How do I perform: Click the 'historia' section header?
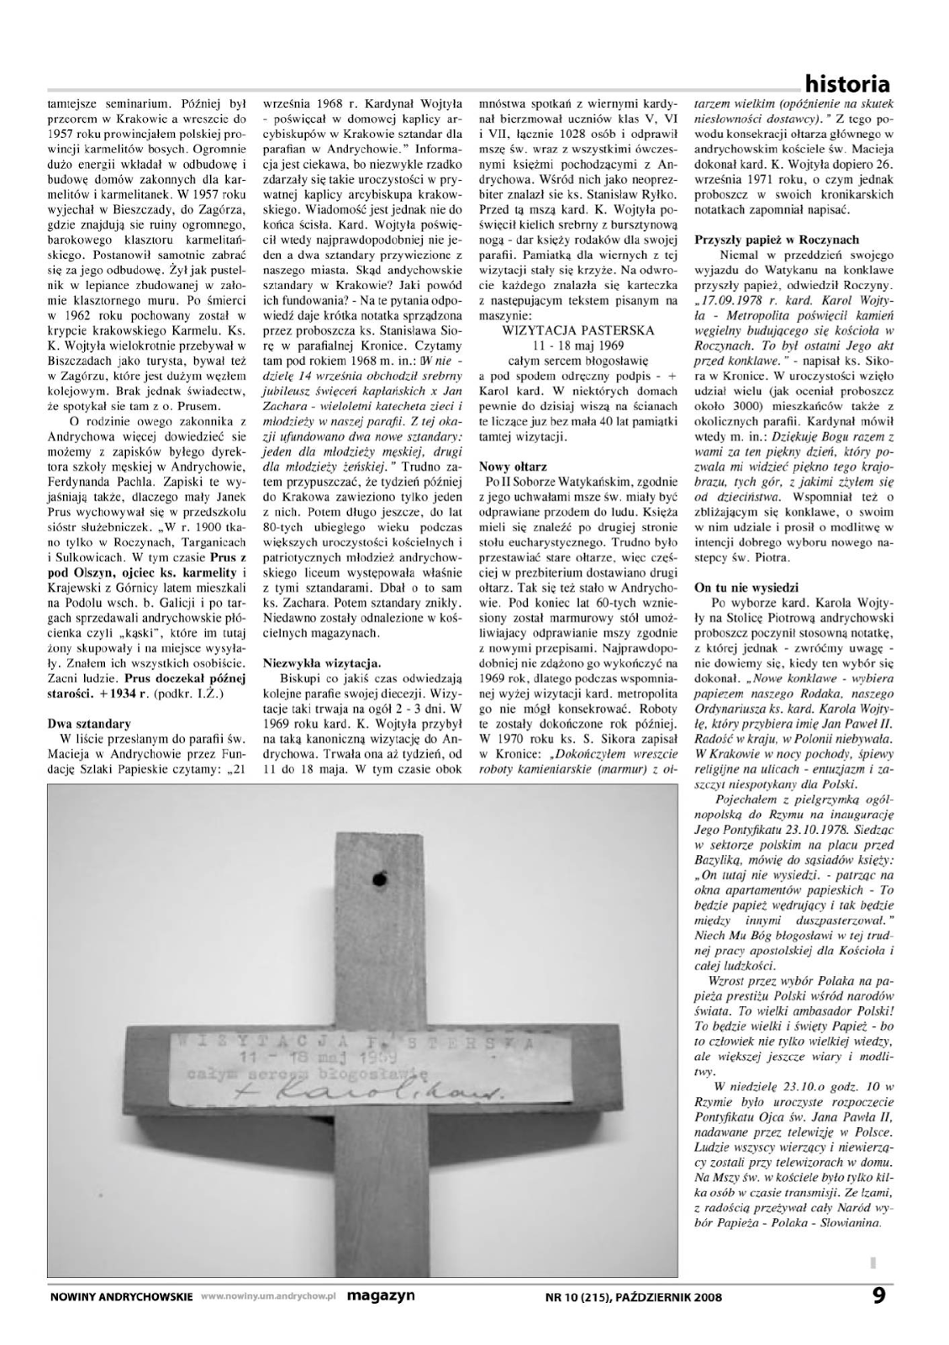click(846, 84)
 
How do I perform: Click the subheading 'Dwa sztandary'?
click(88, 723)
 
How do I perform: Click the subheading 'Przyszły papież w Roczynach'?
click(777, 239)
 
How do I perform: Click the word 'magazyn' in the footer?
click(381, 1295)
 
